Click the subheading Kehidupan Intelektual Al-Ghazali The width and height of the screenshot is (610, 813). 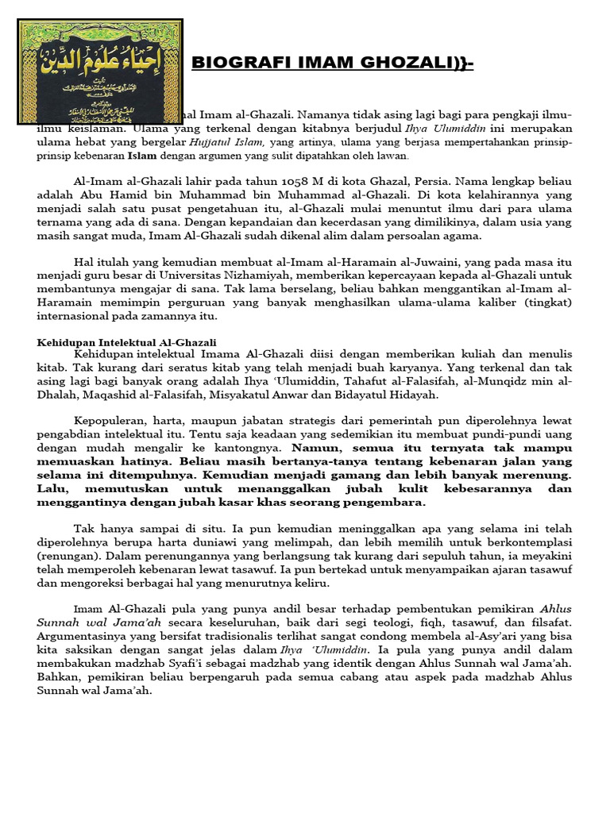(x=127, y=342)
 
